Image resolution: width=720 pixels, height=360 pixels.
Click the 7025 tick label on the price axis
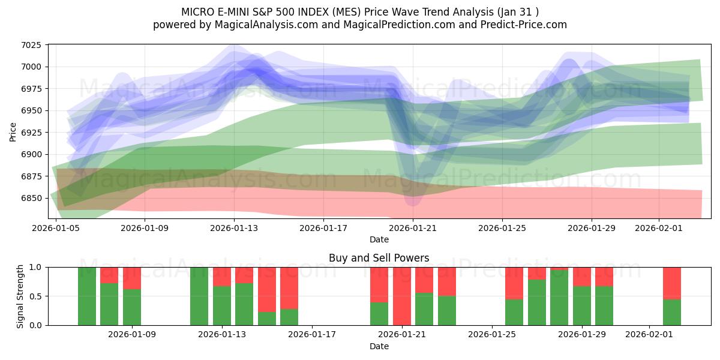click(x=31, y=45)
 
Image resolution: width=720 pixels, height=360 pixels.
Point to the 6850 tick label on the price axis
click(x=31, y=198)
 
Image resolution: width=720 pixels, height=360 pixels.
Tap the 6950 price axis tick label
click(x=31, y=110)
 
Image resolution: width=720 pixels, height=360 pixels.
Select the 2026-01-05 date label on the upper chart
click(x=56, y=228)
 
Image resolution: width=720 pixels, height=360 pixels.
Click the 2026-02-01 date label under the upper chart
click(x=659, y=228)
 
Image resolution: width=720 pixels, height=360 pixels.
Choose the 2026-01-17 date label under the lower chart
click(x=312, y=334)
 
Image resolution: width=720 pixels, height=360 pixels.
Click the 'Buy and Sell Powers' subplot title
click(x=379, y=258)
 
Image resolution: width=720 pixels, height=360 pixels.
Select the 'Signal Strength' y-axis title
click(x=20, y=296)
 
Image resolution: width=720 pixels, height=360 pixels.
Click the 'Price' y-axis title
click(x=13, y=131)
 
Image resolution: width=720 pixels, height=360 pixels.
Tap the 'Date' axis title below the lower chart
click(x=379, y=346)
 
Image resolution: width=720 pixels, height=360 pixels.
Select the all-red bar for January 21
click(x=402, y=296)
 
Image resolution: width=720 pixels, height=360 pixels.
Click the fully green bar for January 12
click(x=199, y=296)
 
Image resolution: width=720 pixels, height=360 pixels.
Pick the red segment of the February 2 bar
click(x=672, y=283)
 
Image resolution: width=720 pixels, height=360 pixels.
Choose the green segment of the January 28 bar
click(x=559, y=298)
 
